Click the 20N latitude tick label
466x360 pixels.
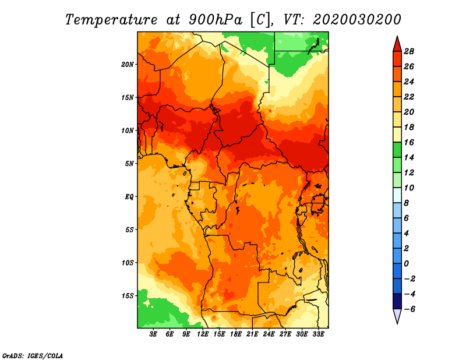point(128,65)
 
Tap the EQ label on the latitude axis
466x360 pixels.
point(129,197)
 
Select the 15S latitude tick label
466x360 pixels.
point(128,296)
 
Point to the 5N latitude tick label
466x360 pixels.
point(129,164)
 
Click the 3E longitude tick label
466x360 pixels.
point(153,334)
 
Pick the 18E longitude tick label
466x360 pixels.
point(235,334)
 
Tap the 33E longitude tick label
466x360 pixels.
point(318,334)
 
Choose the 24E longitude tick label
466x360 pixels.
point(269,334)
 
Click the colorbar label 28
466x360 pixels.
point(409,51)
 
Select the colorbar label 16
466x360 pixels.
point(409,142)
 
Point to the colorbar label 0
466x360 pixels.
point(406,264)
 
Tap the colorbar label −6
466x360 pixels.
point(409,309)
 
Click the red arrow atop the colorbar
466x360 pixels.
point(397,45)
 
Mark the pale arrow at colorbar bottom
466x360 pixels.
point(397,316)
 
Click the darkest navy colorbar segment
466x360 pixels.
point(397,301)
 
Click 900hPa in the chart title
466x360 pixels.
point(215,20)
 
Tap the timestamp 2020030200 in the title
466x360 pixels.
point(356,20)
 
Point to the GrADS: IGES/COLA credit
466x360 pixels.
point(33,355)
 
